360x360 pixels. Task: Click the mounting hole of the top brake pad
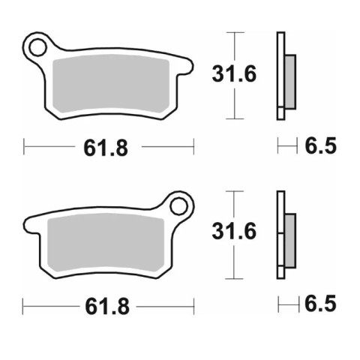(37, 47)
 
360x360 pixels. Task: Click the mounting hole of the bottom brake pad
(178, 206)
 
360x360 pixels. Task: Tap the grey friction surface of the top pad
(111, 82)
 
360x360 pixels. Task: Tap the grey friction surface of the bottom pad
(106, 241)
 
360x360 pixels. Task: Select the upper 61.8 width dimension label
(106, 148)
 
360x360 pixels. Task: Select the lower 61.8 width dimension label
(107, 307)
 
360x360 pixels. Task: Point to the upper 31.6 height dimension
(234, 73)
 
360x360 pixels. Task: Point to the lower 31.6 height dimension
(234, 231)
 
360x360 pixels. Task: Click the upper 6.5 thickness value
(321, 145)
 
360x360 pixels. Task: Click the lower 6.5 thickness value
(320, 304)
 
